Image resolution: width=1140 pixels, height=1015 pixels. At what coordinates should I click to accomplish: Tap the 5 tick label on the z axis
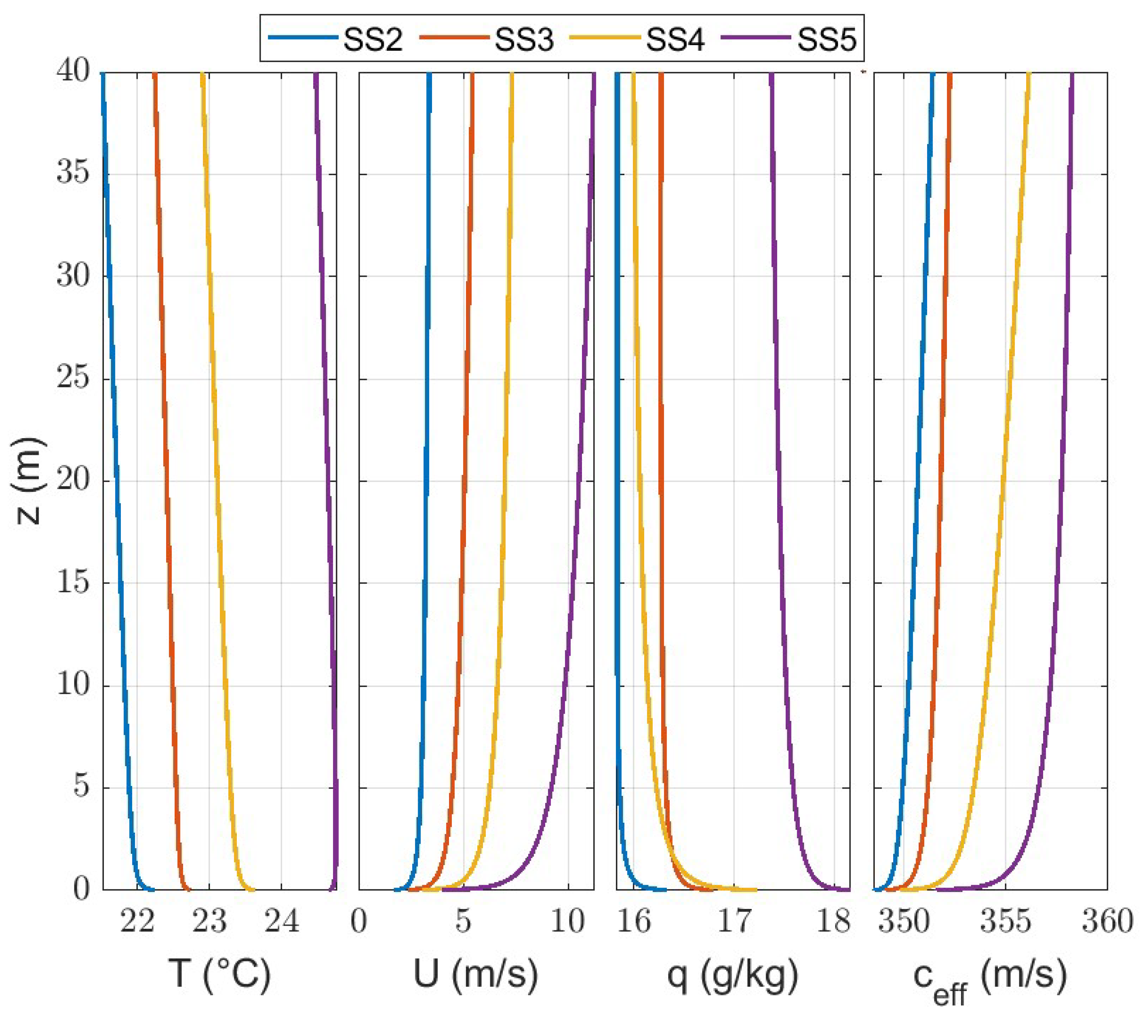pos(81,788)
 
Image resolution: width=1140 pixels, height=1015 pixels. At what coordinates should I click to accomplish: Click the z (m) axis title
pos(29,481)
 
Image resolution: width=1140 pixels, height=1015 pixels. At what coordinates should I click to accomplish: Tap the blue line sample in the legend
pos(303,38)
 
